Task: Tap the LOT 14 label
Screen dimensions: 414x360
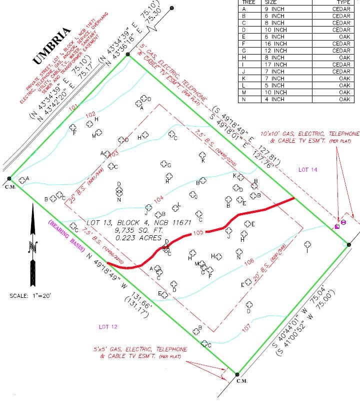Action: coord(308,170)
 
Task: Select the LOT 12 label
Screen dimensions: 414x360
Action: coord(107,327)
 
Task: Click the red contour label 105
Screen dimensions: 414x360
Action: coord(197,233)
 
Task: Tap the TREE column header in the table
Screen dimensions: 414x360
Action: coord(248,2)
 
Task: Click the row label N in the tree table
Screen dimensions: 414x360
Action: coord(244,99)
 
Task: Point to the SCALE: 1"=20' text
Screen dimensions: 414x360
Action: coord(30,296)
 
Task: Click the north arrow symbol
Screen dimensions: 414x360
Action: coord(33,245)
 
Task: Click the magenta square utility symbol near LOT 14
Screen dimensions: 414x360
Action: coord(336,226)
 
